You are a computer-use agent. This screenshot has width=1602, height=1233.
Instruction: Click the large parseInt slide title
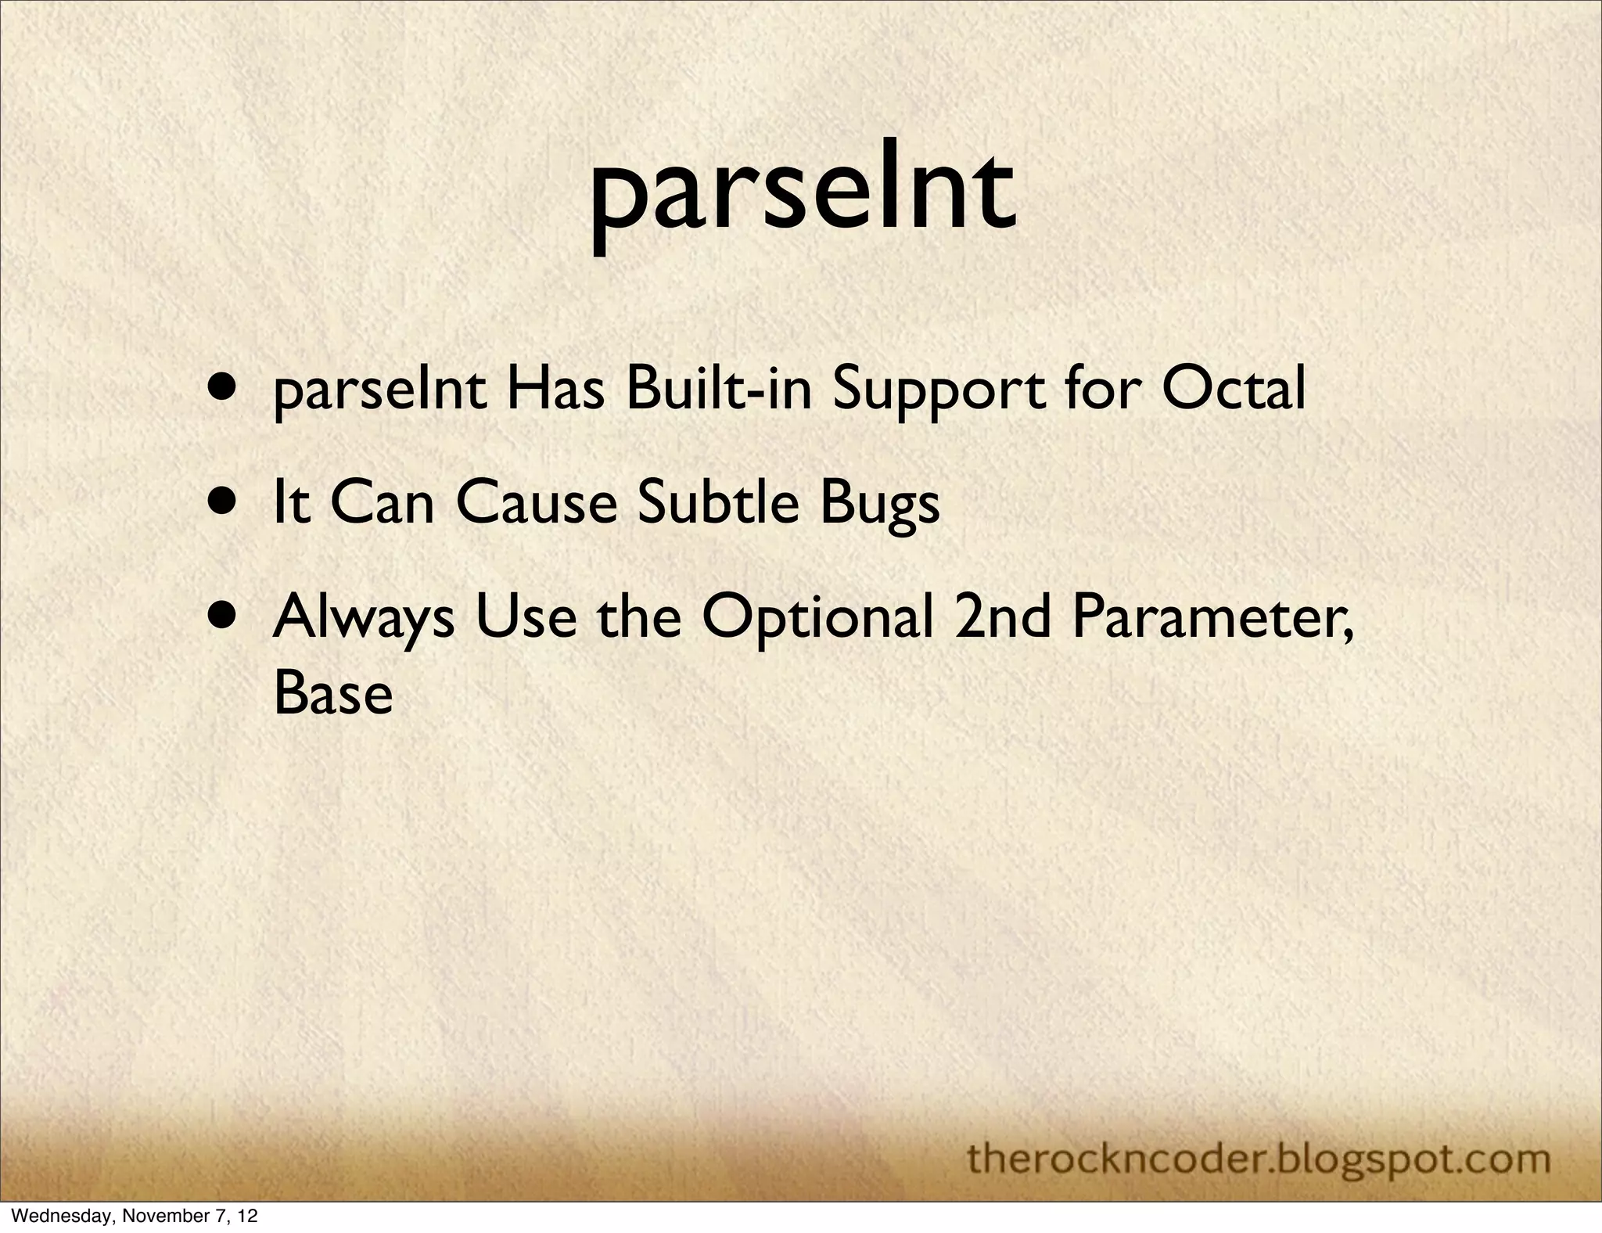(803, 196)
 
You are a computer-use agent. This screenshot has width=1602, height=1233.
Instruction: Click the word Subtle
(717, 503)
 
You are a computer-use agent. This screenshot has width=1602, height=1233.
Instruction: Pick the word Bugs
(879, 505)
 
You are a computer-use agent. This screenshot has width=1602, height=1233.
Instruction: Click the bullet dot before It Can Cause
(224, 500)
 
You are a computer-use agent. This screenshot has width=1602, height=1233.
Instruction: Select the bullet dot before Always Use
(224, 614)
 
